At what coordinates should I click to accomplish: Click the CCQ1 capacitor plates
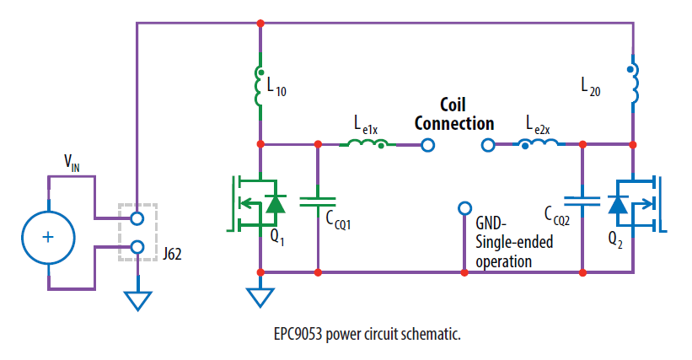click(318, 201)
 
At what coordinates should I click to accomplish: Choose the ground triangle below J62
click(137, 298)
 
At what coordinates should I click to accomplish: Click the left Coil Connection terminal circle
click(428, 145)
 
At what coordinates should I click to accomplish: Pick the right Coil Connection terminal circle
click(487, 145)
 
